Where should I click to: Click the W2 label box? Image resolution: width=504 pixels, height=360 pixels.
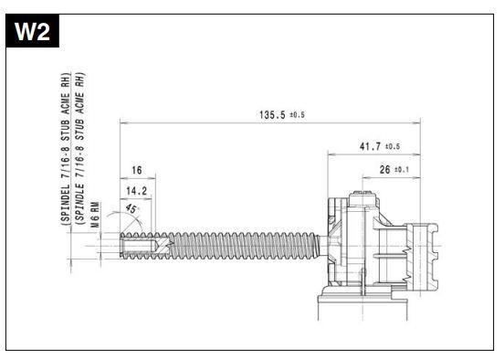[x=33, y=31]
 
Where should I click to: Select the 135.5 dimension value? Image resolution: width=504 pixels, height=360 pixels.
[x=272, y=114]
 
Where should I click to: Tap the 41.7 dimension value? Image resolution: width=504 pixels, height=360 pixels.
[x=370, y=146]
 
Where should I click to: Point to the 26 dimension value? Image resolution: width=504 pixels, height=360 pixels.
[x=384, y=170]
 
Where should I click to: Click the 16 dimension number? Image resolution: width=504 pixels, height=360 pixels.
[x=137, y=170]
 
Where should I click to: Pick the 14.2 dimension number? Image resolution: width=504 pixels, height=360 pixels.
[x=137, y=191]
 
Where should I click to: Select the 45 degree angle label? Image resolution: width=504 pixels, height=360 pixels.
[x=131, y=208]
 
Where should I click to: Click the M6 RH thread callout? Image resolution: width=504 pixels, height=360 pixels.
[x=95, y=215]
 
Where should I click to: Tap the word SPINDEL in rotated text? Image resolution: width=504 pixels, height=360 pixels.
[x=66, y=204]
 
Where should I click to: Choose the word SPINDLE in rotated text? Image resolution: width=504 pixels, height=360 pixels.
[x=80, y=204]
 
